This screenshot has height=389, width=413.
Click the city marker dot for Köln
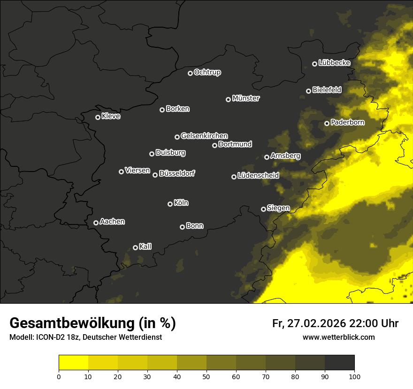click(170, 204)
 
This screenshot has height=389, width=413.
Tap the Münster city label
click(245, 98)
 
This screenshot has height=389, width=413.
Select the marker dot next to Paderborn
click(327, 123)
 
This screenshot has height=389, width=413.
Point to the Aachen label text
click(112, 222)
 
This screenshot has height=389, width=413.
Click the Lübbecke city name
click(334, 63)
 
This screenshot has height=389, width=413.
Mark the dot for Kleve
click(98, 117)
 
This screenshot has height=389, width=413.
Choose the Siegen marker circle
click(263, 209)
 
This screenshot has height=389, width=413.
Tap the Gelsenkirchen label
click(204, 136)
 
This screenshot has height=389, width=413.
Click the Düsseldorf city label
click(177, 173)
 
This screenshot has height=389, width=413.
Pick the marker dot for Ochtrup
click(190, 73)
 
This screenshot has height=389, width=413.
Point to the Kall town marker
click(135, 247)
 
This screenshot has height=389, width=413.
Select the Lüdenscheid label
click(258, 176)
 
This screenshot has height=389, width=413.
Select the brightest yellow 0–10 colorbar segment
click(74, 363)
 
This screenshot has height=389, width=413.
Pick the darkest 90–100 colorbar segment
click(339, 363)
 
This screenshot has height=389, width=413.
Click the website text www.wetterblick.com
click(338, 337)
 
